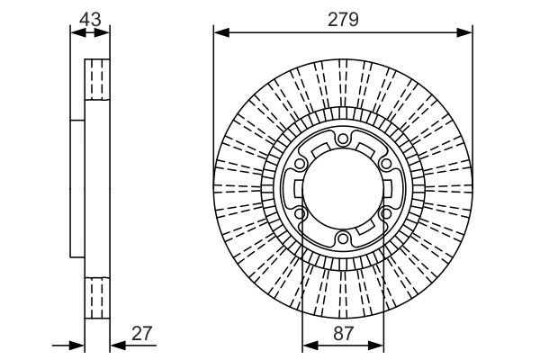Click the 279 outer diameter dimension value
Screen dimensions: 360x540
(x=343, y=18)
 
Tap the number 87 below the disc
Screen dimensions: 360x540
(x=343, y=332)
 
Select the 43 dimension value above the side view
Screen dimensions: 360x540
(x=90, y=17)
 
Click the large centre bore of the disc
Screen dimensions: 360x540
(x=343, y=189)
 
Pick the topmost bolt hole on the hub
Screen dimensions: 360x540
(x=343, y=139)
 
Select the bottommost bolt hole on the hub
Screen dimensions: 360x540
(x=343, y=238)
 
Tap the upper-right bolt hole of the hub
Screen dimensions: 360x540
(x=385, y=164)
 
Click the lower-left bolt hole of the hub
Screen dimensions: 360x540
(x=300, y=214)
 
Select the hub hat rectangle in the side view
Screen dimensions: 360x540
(x=77, y=189)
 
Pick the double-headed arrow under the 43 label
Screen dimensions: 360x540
(x=90, y=33)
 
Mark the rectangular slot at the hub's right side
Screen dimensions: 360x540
(x=393, y=189)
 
